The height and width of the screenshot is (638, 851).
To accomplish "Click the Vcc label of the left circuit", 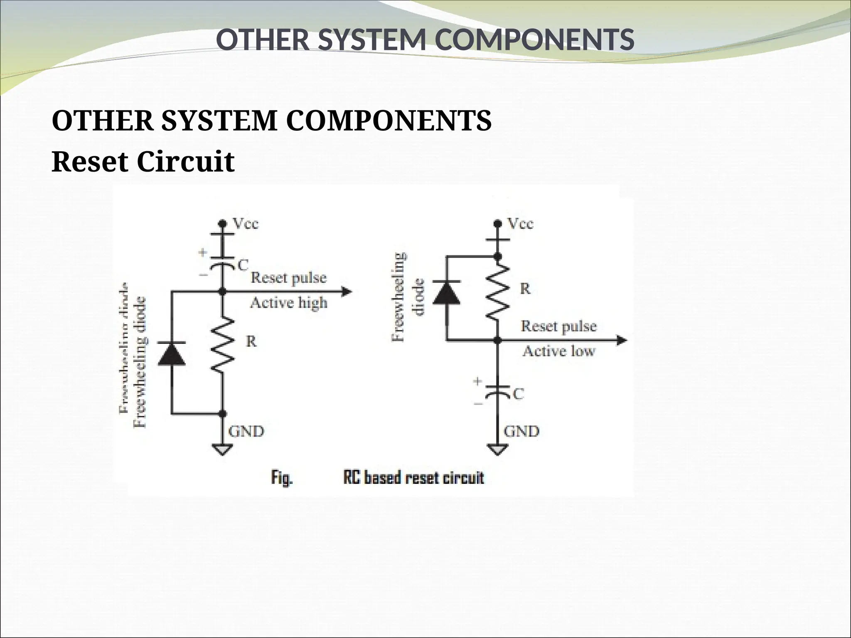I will click(x=246, y=224).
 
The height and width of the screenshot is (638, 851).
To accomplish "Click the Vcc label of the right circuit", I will click(x=521, y=224).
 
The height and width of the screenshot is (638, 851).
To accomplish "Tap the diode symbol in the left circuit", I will click(x=172, y=354).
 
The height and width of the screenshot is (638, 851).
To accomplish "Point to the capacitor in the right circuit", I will click(x=498, y=390).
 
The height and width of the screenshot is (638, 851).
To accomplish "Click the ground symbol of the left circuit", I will click(x=223, y=449).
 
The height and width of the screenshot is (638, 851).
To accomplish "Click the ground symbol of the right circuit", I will click(x=498, y=449).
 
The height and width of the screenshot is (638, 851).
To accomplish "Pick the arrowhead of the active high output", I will click(x=347, y=292).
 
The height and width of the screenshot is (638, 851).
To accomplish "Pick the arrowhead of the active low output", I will click(x=622, y=341).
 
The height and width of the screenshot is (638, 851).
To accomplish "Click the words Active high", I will click(x=288, y=303).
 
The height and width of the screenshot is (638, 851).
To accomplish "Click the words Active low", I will click(x=558, y=351).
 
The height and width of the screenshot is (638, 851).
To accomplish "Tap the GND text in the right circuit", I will click(x=521, y=432).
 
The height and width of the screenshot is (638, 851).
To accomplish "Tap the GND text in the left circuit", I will click(x=246, y=432).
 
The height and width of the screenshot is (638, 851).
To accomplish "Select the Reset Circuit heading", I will click(x=143, y=162).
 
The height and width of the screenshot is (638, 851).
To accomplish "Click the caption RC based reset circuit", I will click(x=413, y=478).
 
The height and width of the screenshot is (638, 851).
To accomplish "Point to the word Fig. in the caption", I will click(x=282, y=478).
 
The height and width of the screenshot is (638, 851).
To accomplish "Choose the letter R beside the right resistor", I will click(x=525, y=289).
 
